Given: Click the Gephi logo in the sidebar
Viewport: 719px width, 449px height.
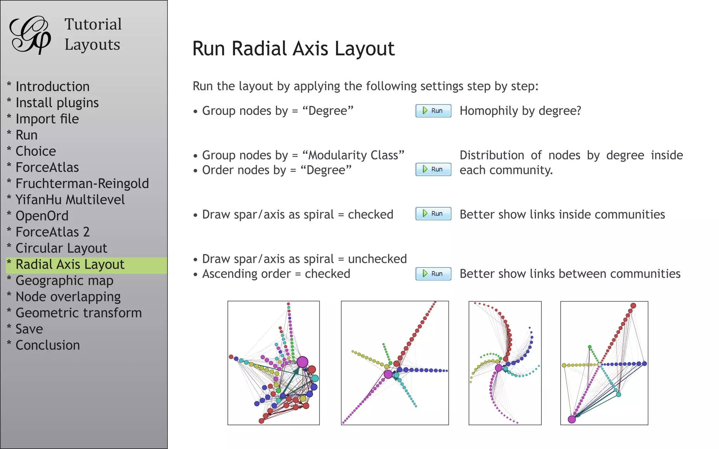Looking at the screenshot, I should click(30, 35).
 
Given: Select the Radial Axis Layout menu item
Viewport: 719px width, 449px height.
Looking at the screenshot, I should click(70, 264).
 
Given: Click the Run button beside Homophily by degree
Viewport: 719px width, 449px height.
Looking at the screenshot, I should click(433, 111).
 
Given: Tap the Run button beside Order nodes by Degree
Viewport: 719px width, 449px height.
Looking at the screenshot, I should click(433, 169).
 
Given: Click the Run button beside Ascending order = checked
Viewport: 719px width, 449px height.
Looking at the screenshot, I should click(433, 274).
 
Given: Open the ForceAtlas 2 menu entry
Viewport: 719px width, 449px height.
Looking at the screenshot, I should click(53, 232).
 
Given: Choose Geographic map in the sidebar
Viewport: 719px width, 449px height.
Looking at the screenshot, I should click(65, 281).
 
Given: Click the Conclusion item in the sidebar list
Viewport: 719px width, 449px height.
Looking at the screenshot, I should click(48, 345).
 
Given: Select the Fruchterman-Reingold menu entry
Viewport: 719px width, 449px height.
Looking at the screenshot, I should click(82, 184).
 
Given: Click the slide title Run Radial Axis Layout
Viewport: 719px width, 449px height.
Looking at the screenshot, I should click(293, 48).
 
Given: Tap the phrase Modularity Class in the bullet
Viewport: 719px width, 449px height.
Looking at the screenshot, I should click(353, 155).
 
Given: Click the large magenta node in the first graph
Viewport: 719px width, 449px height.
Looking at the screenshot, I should click(302, 362).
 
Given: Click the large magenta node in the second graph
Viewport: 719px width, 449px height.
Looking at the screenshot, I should click(388, 374).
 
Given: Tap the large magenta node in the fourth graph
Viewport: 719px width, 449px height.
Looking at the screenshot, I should click(572, 419).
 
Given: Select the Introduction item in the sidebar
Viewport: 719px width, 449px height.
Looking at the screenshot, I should click(53, 87).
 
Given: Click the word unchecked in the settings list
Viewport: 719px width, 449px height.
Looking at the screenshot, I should click(377, 259).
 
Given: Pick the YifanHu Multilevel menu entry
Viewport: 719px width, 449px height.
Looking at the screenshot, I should click(70, 200).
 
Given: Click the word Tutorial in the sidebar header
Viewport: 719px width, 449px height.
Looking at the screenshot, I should click(93, 25).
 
